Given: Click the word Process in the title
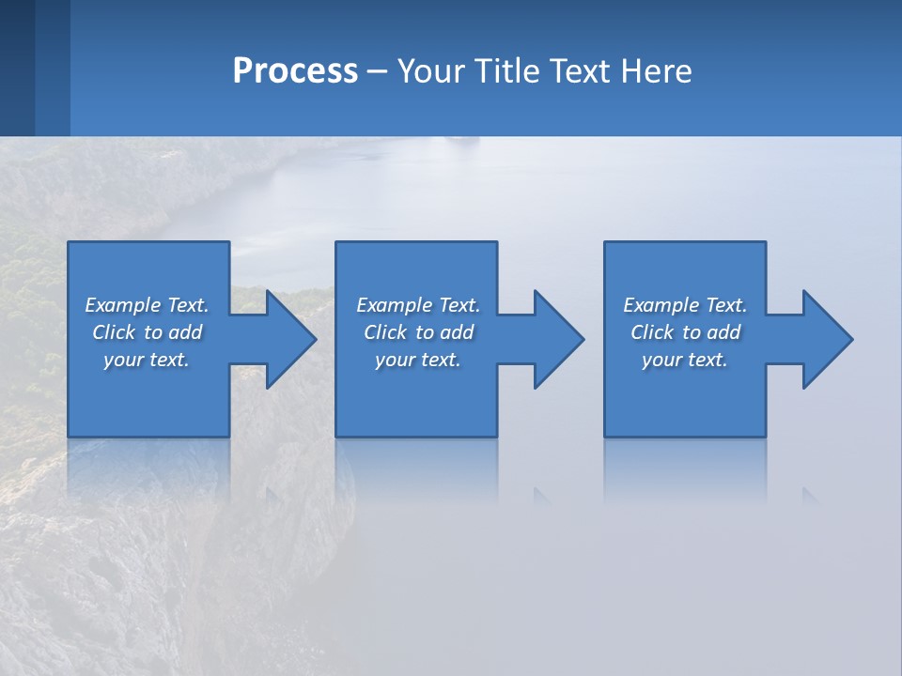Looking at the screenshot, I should [x=295, y=71].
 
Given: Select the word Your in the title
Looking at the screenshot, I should [x=431, y=71].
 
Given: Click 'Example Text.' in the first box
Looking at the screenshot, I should [x=147, y=305].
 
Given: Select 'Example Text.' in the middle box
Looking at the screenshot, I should [x=418, y=305].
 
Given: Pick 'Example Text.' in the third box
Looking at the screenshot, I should [x=685, y=305].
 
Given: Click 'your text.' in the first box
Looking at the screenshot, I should [x=147, y=360].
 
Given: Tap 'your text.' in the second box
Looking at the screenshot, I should [x=418, y=360].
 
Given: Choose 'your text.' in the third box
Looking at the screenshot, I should [x=685, y=360].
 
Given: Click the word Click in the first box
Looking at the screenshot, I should [x=114, y=332].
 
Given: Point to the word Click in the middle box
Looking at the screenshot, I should [x=385, y=332].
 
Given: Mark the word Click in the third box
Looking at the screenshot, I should [x=652, y=332].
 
